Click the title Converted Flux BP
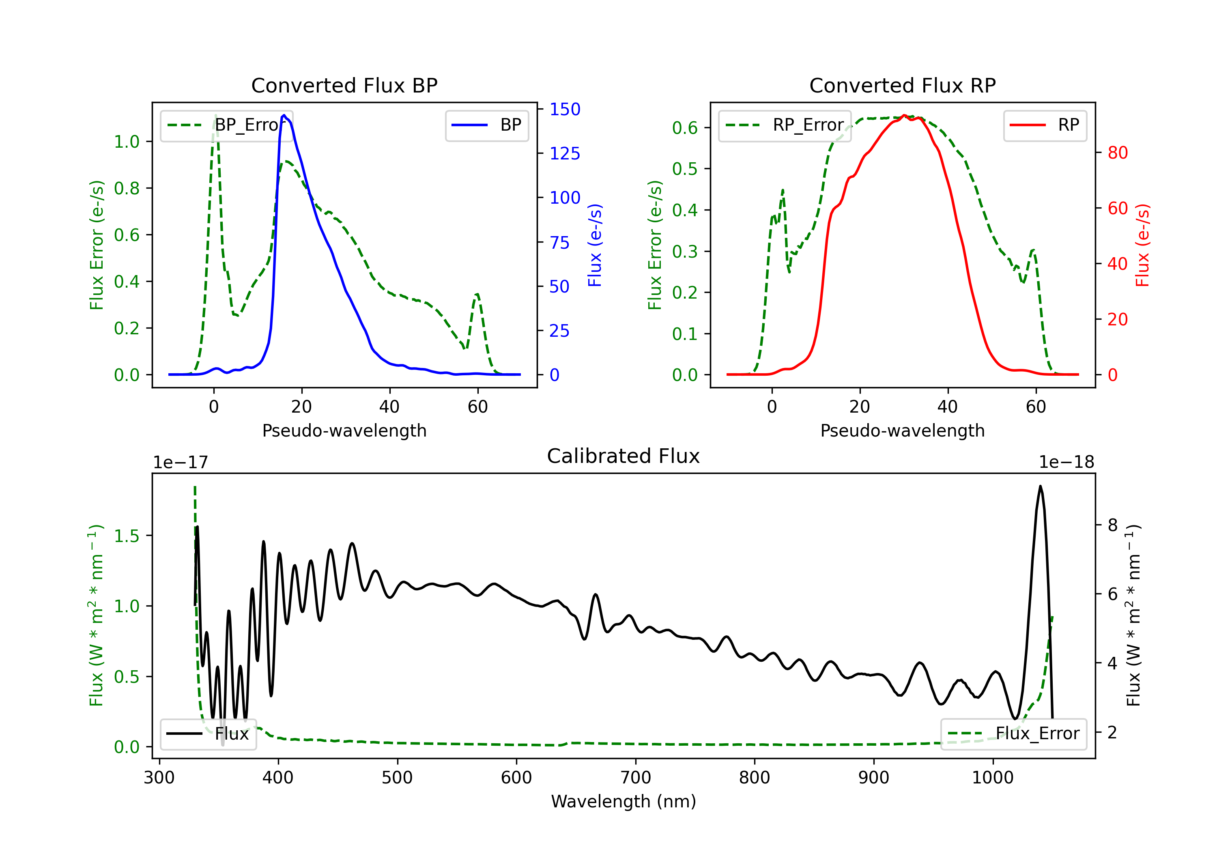344,85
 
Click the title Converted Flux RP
903,85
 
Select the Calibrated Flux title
624,456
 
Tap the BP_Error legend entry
226,125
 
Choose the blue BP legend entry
486,125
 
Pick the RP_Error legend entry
785,125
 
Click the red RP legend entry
1044,125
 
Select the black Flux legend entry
208,734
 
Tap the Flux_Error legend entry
1013,734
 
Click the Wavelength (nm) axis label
624,802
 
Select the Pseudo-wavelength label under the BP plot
344,430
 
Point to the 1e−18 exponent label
1066,463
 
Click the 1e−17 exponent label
180,463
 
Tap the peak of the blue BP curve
284,115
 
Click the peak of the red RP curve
904,115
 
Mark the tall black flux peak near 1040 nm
1040,486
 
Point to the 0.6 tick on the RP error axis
684,128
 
